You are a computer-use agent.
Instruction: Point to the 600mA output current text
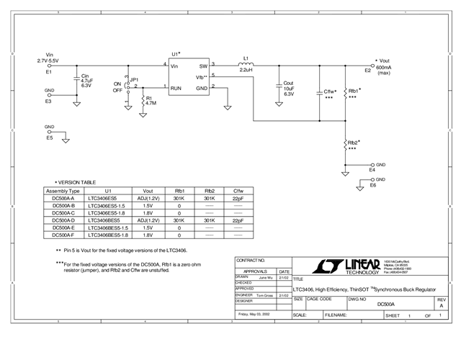383,66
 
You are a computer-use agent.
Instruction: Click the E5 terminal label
49,138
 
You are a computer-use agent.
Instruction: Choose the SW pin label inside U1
203,66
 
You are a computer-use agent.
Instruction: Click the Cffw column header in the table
238,191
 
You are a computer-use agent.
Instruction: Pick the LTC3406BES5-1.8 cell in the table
108,235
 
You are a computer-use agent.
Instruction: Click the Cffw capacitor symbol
319,91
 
